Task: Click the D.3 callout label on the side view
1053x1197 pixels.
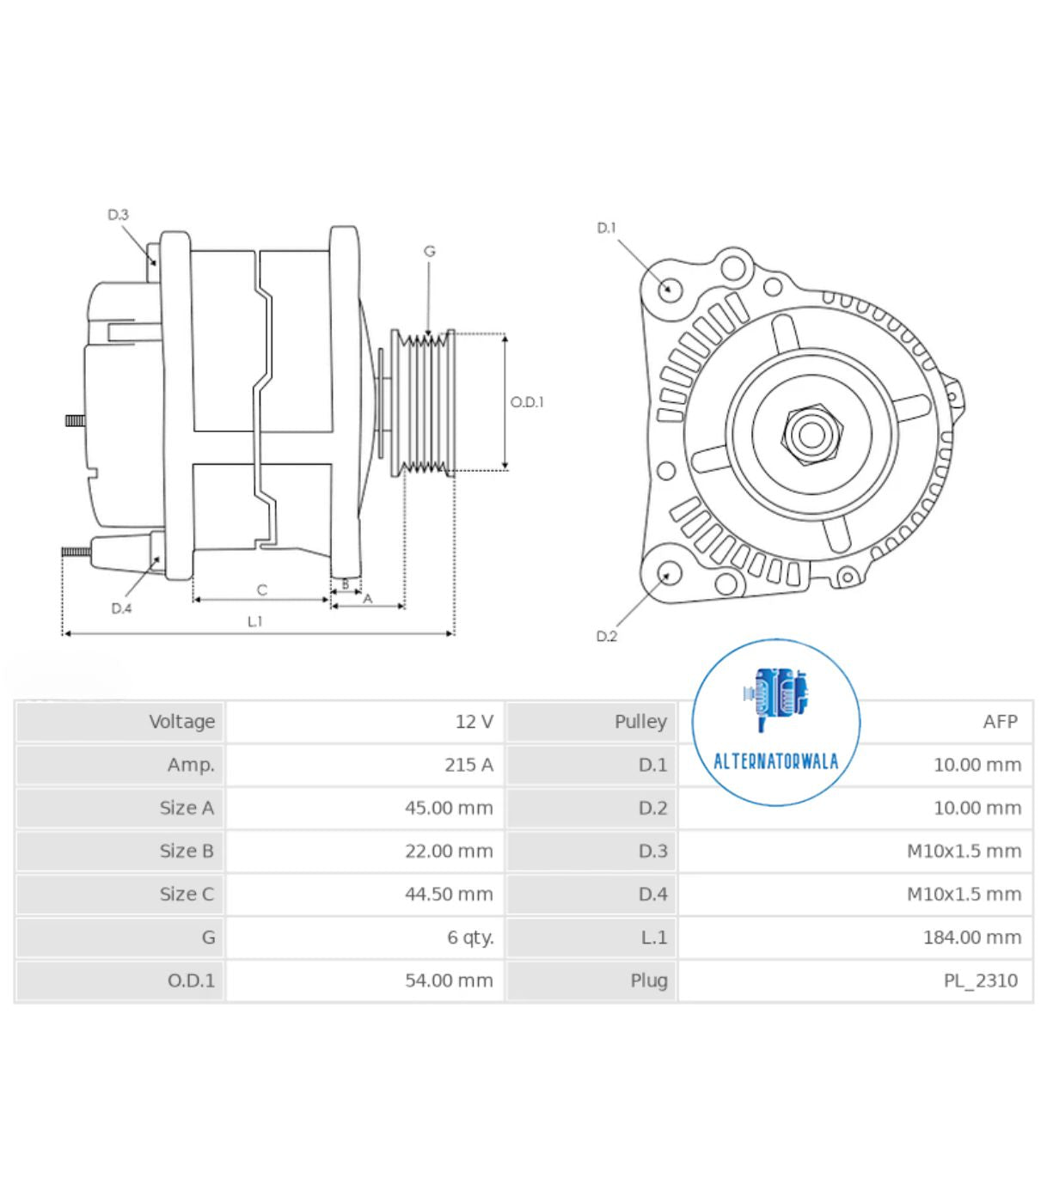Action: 118,215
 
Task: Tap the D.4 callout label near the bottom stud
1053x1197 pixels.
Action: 121,608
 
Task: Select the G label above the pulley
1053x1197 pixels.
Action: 429,251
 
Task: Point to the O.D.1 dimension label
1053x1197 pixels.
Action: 526,402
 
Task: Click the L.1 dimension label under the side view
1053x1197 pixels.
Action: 254,621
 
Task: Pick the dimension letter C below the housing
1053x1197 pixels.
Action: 262,590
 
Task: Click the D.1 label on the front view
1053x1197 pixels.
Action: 606,228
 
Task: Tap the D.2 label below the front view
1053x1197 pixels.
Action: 606,636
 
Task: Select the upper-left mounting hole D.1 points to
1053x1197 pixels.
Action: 670,288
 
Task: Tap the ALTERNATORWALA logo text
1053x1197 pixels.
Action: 775,761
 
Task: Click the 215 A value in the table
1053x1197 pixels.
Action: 468,765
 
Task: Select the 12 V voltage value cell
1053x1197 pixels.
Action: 474,722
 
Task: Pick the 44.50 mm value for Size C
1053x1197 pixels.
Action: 449,894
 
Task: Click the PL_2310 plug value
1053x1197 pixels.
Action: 980,980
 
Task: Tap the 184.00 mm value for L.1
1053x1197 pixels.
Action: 971,937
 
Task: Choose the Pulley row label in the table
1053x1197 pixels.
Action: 640,722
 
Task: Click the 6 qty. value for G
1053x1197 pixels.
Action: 470,937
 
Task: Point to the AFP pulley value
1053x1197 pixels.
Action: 1000,722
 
